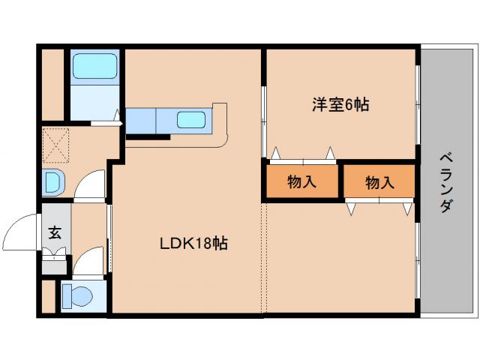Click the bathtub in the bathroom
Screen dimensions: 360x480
coord(95,68)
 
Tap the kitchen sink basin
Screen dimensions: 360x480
coord(190,118)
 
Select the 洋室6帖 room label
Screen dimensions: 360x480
coord(340,105)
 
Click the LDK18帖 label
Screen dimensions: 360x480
coord(193,243)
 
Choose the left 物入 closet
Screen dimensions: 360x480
coord(301,181)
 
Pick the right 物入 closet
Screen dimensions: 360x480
coord(379,181)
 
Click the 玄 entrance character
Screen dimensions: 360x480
coord(55,232)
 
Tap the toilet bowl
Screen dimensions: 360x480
coord(77,295)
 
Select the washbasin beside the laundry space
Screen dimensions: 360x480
coord(54,182)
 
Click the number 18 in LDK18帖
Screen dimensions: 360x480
coord(200,243)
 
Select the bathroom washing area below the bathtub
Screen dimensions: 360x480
coord(95,103)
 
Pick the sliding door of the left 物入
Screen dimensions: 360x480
coord(303,160)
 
